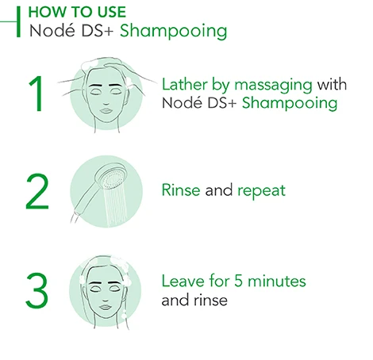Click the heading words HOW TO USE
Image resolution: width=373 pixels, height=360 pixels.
[77, 12]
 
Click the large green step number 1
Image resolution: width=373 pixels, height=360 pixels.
[36, 94]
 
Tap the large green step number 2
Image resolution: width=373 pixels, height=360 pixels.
[37, 191]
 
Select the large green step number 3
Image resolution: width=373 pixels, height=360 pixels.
[37, 290]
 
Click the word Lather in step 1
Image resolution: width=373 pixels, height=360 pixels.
[185, 85]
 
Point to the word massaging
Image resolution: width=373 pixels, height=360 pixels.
[273, 86]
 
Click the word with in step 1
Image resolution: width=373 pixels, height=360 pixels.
[332, 85]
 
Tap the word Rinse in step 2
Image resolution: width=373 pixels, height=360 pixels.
[181, 190]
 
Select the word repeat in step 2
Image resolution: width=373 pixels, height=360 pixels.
[262, 191]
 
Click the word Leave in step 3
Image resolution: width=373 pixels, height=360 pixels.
[183, 281]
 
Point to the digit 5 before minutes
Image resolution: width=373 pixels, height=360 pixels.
[238, 281]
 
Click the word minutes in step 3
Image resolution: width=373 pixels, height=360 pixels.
[277, 281]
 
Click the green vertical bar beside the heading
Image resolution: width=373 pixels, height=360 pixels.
[18, 21]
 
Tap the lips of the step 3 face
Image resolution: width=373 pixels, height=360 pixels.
[106, 308]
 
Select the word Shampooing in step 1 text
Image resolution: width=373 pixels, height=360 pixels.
[290, 104]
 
